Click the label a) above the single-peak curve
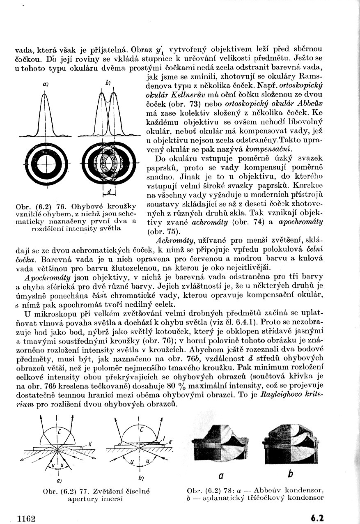pos(43,84)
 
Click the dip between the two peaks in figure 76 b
pos(107,99)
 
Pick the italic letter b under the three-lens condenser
pos(290,474)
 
